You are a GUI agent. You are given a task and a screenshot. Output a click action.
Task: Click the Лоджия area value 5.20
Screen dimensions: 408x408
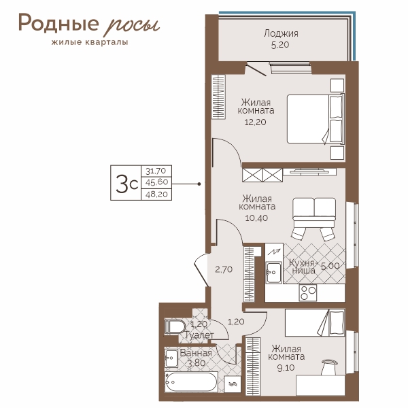tap(280, 45)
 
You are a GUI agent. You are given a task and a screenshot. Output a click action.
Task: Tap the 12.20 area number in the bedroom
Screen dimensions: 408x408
tap(255, 122)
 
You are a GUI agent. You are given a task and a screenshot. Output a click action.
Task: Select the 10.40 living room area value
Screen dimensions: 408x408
tap(256, 218)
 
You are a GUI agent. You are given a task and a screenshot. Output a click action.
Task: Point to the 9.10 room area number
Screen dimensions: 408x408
tap(286, 368)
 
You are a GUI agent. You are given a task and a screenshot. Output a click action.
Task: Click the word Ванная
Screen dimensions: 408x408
tap(196, 353)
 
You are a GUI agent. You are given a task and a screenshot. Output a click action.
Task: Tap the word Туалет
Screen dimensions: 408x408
tap(199, 335)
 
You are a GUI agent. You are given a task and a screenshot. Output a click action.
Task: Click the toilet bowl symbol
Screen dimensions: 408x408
tap(175, 327)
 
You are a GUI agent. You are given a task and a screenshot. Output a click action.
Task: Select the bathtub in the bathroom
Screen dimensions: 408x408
tap(190, 382)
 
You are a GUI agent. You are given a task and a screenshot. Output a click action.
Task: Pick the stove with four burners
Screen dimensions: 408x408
tap(308, 292)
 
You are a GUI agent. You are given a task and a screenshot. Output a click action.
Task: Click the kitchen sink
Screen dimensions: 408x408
tap(274, 273)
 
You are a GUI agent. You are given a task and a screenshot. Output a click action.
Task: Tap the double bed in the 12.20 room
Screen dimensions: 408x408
tap(316, 119)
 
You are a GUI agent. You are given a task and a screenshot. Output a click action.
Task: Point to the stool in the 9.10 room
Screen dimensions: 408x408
tap(329, 367)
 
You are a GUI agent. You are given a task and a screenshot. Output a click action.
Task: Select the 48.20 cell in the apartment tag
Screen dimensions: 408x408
tap(156, 194)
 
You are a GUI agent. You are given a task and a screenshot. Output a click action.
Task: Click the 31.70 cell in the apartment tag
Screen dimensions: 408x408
tap(156, 171)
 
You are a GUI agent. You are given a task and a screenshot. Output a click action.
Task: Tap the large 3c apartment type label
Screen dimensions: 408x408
tap(126, 184)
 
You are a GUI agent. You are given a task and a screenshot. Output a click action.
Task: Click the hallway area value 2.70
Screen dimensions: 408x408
tap(224, 269)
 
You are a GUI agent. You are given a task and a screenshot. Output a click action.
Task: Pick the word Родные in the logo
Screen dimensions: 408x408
tap(58, 23)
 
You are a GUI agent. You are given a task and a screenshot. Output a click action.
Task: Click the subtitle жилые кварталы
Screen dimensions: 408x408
tap(90, 42)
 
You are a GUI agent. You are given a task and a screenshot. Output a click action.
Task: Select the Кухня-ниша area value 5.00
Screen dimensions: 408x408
tap(330, 266)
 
